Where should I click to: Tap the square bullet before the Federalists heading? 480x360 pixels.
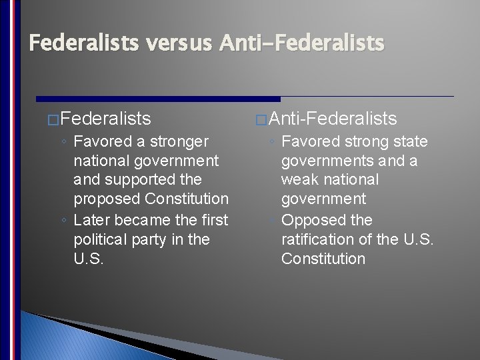(x=54, y=120)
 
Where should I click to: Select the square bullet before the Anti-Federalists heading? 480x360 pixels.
(x=261, y=120)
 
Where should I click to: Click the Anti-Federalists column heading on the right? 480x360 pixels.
(x=333, y=119)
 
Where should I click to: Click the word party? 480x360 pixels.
(x=155, y=240)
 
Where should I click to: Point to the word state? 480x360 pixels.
(x=411, y=142)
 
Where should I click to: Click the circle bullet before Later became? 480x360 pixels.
(x=63, y=221)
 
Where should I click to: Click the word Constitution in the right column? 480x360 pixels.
(x=323, y=259)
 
